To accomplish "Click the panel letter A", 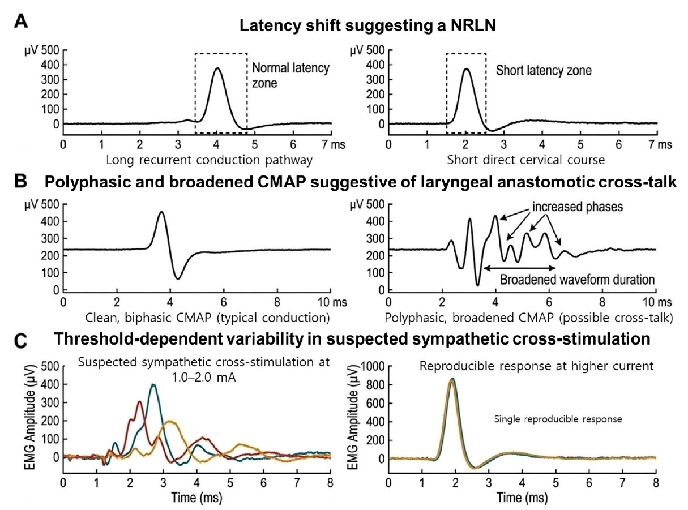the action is (x=21, y=22).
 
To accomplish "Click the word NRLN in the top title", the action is (x=473, y=25).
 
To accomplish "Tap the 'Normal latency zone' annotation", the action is (x=290, y=75).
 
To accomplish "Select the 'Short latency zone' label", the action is (x=544, y=70).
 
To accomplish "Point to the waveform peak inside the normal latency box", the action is (x=217, y=68).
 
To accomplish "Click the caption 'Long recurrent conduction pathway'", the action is (x=209, y=160).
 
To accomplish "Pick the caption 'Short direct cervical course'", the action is (x=525, y=160).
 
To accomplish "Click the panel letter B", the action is (x=20, y=182).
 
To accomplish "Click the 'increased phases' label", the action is (x=577, y=207).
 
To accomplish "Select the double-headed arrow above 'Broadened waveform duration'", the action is (x=519, y=268).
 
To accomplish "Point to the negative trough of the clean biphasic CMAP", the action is (x=177, y=278).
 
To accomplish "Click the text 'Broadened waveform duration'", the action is (x=577, y=280).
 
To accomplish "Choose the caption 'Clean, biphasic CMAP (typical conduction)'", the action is (x=207, y=318).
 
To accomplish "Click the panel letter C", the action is (x=21, y=341).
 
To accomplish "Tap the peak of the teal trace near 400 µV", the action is (x=153, y=385).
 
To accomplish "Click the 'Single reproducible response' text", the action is (x=558, y=419).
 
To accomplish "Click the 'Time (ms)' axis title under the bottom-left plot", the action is (x=196, y=498).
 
